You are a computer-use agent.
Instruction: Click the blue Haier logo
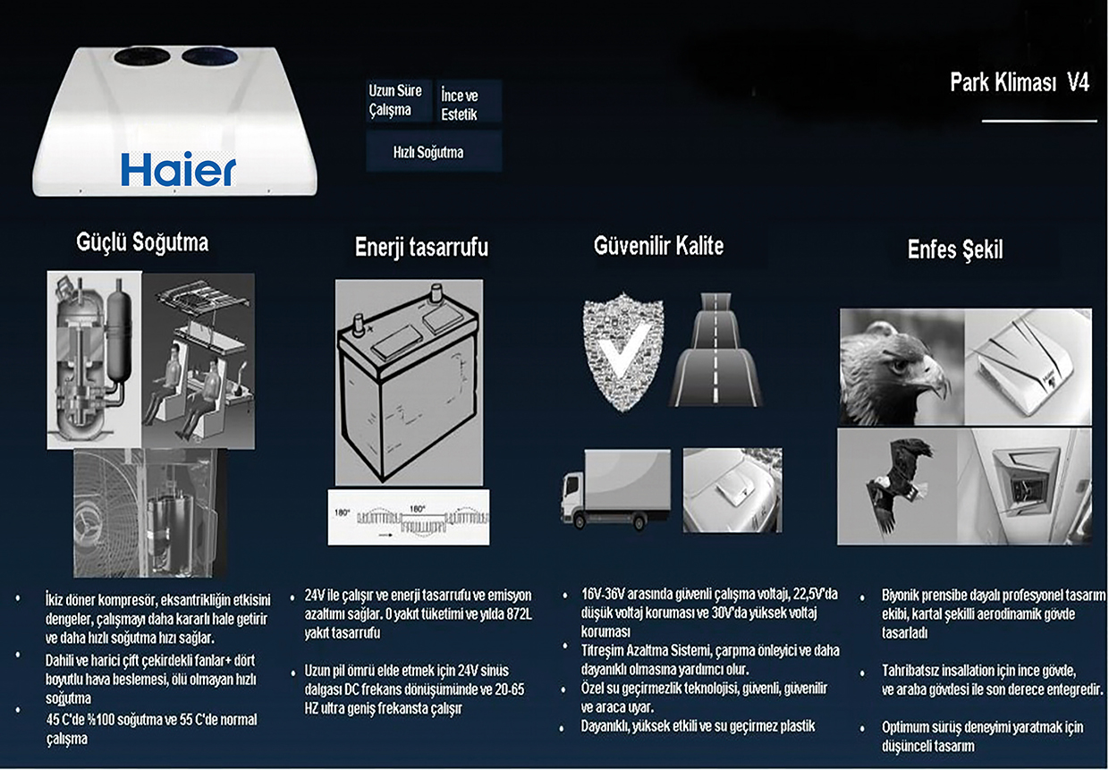[178, 169]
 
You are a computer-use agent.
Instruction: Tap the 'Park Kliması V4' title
[1020, 82]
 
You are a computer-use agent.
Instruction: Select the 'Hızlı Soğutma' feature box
[434, 151]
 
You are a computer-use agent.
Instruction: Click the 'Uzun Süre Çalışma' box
[399, 100]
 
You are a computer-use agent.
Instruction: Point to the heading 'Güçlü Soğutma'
[142, 242]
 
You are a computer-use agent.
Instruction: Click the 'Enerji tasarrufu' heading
[421, 247]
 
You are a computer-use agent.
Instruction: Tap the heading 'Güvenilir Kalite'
[658, 246]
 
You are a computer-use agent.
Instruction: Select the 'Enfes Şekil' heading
[955, 250]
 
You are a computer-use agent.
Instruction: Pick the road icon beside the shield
[715, 351]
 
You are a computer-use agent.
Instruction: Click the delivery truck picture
[616, 489]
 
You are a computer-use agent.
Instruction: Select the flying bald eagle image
[897, 487]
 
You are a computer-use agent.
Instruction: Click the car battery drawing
[409, 382]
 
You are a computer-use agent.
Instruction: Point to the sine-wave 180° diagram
[409, 518]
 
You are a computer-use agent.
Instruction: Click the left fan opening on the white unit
[142, 56]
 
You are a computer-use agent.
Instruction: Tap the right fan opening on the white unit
[211, 56]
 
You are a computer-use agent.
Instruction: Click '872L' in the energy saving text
[519, 614]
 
